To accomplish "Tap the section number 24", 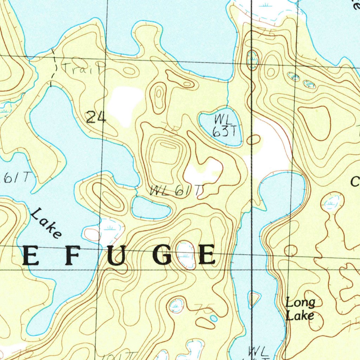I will (x=96, y=117).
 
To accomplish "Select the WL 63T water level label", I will (x=225, y=126).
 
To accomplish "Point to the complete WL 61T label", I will (x=176, y=191).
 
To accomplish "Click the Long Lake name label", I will (x=300, y=309).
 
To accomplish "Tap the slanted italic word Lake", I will (x=46, y=223).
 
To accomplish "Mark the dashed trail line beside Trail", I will (x=54, y=69).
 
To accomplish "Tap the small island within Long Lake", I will (x=253, y=298).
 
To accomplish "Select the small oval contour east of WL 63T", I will (x=253, y=140).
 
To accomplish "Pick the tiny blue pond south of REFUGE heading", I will (x=214, y=318).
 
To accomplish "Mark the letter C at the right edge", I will (x=355, y=182).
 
